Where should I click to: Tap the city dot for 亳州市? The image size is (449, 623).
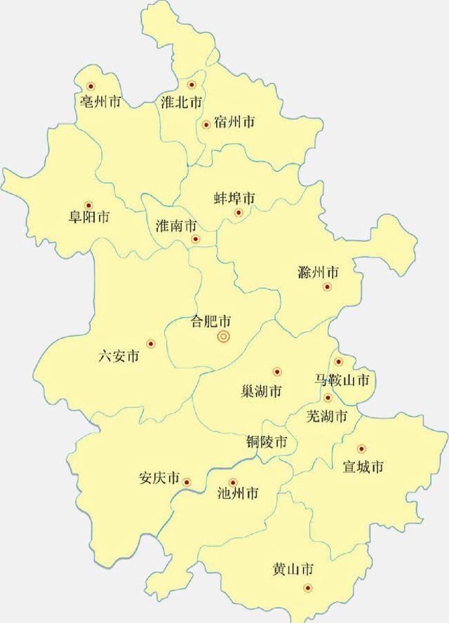(x=91, y=87)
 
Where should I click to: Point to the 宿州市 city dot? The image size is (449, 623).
(x=206, y=125)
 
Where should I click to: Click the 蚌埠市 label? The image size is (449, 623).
(x=234, y=199)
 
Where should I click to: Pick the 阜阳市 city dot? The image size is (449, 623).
(x=88, y=205)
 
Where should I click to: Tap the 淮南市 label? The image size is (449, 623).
(x=175, y=227)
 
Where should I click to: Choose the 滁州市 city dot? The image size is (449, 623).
(x=327, y=286)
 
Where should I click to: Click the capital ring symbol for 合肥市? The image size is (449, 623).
(x=223, y=337)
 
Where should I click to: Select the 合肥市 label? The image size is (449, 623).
(x=211, y=322)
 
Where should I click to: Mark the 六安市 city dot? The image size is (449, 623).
(x=150, y=344)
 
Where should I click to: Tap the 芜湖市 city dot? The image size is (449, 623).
(x=328, y=398)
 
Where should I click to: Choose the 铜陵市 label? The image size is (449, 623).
(x=267, y=443)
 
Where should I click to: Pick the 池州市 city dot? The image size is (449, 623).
(x=234, y=483)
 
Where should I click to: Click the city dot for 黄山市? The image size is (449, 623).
(x=307, y=588)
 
